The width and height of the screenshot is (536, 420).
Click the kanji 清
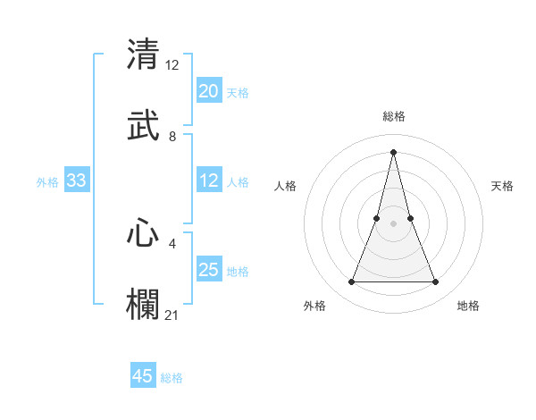(143, 55)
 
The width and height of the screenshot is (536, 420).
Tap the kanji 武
(143, 125)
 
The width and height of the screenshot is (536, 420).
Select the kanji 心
(143, 233)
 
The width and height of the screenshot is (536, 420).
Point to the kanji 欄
(143, 304)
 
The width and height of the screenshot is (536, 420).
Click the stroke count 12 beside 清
(172, 65)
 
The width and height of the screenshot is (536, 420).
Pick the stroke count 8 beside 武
(172, 137)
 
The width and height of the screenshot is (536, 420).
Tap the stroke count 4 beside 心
(172, 243)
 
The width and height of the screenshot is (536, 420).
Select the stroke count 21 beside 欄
(172, 315)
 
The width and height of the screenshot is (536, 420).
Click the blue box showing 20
(209, 91)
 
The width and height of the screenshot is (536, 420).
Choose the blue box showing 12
(209, 181)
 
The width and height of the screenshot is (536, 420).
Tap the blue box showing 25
(209, 270)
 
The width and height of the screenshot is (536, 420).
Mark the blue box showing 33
(77, 181)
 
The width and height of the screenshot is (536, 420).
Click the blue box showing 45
(143, 376)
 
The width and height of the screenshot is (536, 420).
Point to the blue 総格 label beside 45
(172, 378)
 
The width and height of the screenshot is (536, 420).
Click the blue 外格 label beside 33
(47, 182)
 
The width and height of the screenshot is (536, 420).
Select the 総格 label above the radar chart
(394, 116)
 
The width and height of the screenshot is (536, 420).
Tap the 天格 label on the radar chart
(503, 186)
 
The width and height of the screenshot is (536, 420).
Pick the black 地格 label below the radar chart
(468, 306)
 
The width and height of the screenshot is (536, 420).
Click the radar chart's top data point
(394, 152)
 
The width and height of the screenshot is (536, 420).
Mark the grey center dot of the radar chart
(394, 224)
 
